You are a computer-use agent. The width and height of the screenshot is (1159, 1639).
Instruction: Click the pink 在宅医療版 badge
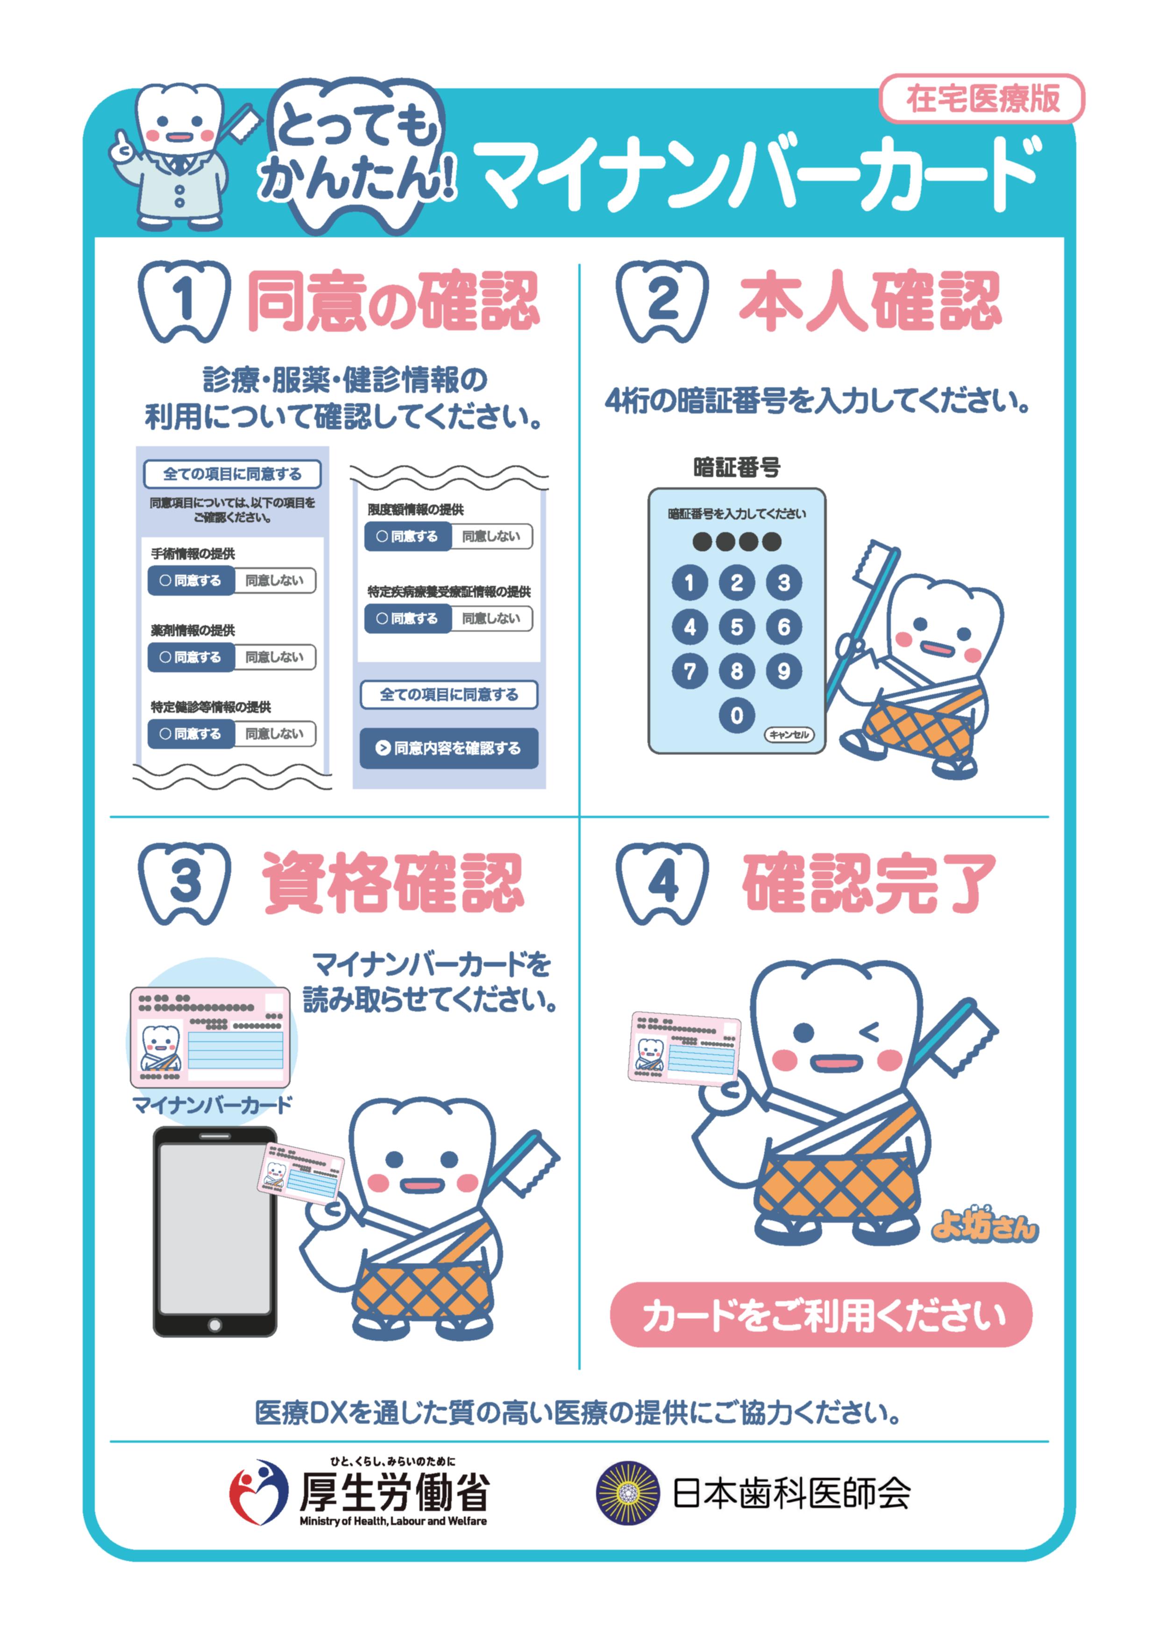click(x=981, y=99)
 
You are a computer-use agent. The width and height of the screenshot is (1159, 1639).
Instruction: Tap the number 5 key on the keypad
click(x=737, y=627)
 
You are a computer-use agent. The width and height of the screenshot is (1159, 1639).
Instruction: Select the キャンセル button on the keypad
click(x=789, y=734)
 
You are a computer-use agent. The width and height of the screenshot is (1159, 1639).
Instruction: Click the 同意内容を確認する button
click(x=449, y=748)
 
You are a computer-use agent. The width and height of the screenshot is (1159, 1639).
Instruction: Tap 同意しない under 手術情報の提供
click(x=275, y=580)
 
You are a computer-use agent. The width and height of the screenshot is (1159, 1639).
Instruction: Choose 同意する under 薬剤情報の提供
click(x=191, y=657)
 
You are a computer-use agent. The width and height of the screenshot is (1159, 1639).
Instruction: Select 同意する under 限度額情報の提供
click(x=408, y=536)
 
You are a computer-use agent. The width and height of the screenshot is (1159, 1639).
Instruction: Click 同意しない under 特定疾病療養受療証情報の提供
click(x=492, y=618)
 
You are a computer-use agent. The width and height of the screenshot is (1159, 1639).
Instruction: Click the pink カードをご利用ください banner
click(x=821, y=1314)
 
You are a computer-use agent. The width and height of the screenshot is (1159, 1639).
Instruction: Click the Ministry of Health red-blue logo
click(x=258, y=1492)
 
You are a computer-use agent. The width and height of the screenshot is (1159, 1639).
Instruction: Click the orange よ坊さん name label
click(x=984, y=1225)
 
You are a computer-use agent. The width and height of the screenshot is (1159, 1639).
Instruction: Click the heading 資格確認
click(x=393, y=883)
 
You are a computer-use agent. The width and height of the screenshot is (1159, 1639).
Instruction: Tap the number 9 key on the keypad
click(x=783, y=671)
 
